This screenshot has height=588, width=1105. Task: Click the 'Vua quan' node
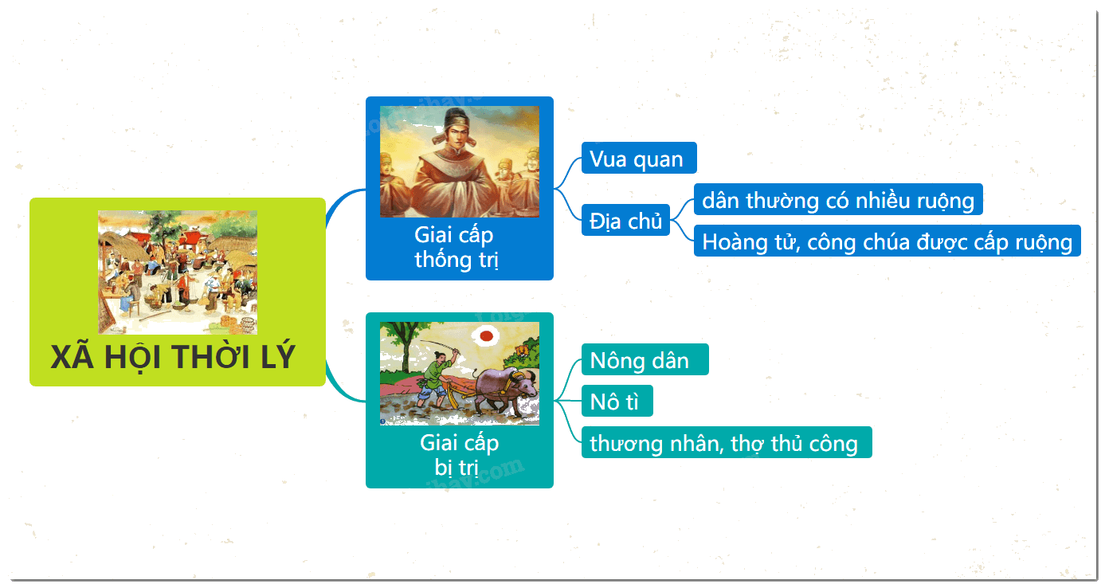(639, 158)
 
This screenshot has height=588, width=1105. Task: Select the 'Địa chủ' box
(625, 220)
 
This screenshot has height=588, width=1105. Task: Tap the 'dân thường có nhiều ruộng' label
(838, 199)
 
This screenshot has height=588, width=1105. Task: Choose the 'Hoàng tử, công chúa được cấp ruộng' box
(887, 241)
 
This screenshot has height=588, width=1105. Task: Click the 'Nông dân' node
(645, 359)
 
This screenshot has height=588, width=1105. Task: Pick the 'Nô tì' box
(617, 401)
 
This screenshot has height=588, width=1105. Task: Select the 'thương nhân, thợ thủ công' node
(727, 442)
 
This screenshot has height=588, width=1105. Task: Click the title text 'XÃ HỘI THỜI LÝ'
(173, 357)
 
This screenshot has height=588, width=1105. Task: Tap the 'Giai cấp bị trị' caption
(459, 455)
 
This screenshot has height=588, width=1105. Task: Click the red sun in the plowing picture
(487, 336)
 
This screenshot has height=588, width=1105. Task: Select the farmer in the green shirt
(437, 378)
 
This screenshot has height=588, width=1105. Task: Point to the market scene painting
(178, 272)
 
